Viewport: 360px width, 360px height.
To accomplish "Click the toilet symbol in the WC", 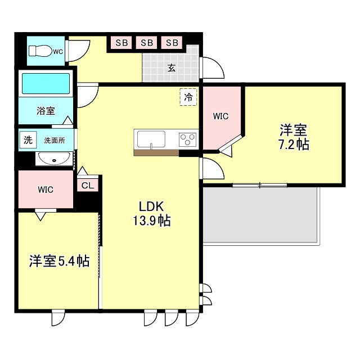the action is pos(40,51).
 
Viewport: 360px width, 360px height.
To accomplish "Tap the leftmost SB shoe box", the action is pos(121,43).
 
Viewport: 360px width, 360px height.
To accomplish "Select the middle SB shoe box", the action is pos(147,43).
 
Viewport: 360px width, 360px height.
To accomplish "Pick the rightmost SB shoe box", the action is pos(172,43).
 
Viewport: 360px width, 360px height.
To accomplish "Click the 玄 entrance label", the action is pos(172,68).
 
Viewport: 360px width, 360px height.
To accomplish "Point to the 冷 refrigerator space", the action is pos(188,97).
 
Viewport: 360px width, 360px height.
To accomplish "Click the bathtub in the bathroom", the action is pos(46,83).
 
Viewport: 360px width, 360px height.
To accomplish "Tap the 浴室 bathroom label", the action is pos(46,111).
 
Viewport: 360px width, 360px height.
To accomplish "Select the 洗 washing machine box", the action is pos(28,140).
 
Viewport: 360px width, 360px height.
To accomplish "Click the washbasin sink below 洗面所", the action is pos(54,159).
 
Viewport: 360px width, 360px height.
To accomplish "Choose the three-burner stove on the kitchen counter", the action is pos(187,139).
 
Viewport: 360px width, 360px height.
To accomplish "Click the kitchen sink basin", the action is pos(151,139).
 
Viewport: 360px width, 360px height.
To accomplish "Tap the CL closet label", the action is pos(88,185).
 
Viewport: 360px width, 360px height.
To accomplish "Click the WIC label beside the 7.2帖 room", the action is pos(220,116).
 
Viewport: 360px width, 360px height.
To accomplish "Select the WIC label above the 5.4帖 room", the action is pos(46,190).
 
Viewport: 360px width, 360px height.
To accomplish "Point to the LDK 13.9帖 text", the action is pos(152,214).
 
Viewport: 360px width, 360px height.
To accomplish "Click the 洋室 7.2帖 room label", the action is pos(294,137).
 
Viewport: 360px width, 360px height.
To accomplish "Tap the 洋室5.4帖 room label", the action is pos(59,261).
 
